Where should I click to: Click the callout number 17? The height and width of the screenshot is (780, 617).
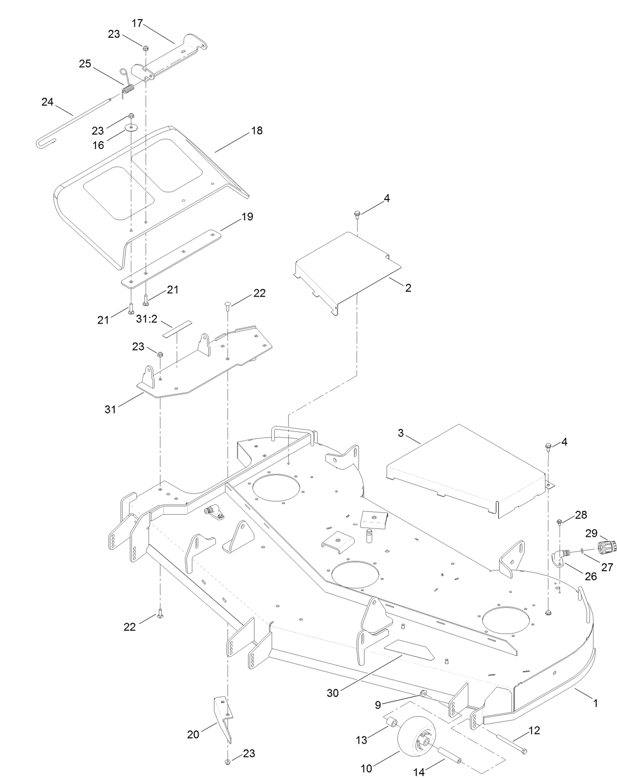tap(137, 23)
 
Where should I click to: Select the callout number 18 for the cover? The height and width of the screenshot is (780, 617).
tap(257, 130)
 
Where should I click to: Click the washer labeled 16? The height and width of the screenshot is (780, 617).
tap(131, 128)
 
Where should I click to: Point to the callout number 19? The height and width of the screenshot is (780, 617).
tap(248, 216)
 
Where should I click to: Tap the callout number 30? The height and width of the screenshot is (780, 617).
tap(334, 693)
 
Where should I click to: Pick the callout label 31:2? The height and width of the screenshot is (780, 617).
tap(146, 319)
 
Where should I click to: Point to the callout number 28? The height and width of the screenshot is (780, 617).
tap(581, 515)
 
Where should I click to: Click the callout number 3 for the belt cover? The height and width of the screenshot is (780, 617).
tap(401, 433)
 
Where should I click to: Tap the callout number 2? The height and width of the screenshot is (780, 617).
tap(408, 288)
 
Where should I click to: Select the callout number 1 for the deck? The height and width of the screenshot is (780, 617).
tap(595, 703)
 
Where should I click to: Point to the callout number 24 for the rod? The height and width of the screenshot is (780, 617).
tap(47, 102)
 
